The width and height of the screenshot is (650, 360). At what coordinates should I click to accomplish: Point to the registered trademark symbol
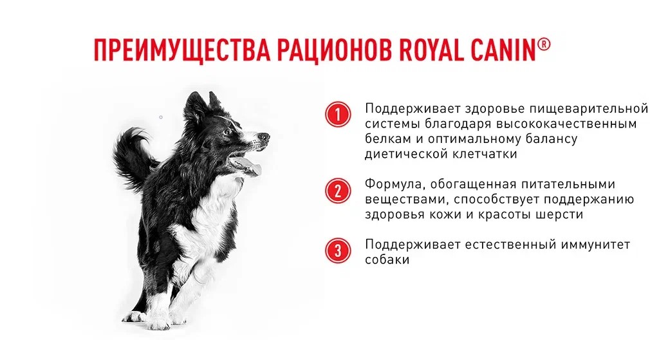click(544, 44)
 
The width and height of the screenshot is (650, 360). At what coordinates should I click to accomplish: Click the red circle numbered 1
click(338, 115)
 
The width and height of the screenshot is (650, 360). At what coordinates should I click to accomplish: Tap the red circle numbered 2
click(338, 191)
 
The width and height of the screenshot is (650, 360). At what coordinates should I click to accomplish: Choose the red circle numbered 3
click(338, 251)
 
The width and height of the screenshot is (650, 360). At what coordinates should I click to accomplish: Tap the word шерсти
click(560, 214)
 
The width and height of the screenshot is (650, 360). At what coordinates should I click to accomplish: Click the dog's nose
click(264, 136)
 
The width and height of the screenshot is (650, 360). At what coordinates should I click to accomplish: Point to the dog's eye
click(228, 132)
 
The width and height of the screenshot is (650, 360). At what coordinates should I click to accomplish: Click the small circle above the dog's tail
click(161, 117)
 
